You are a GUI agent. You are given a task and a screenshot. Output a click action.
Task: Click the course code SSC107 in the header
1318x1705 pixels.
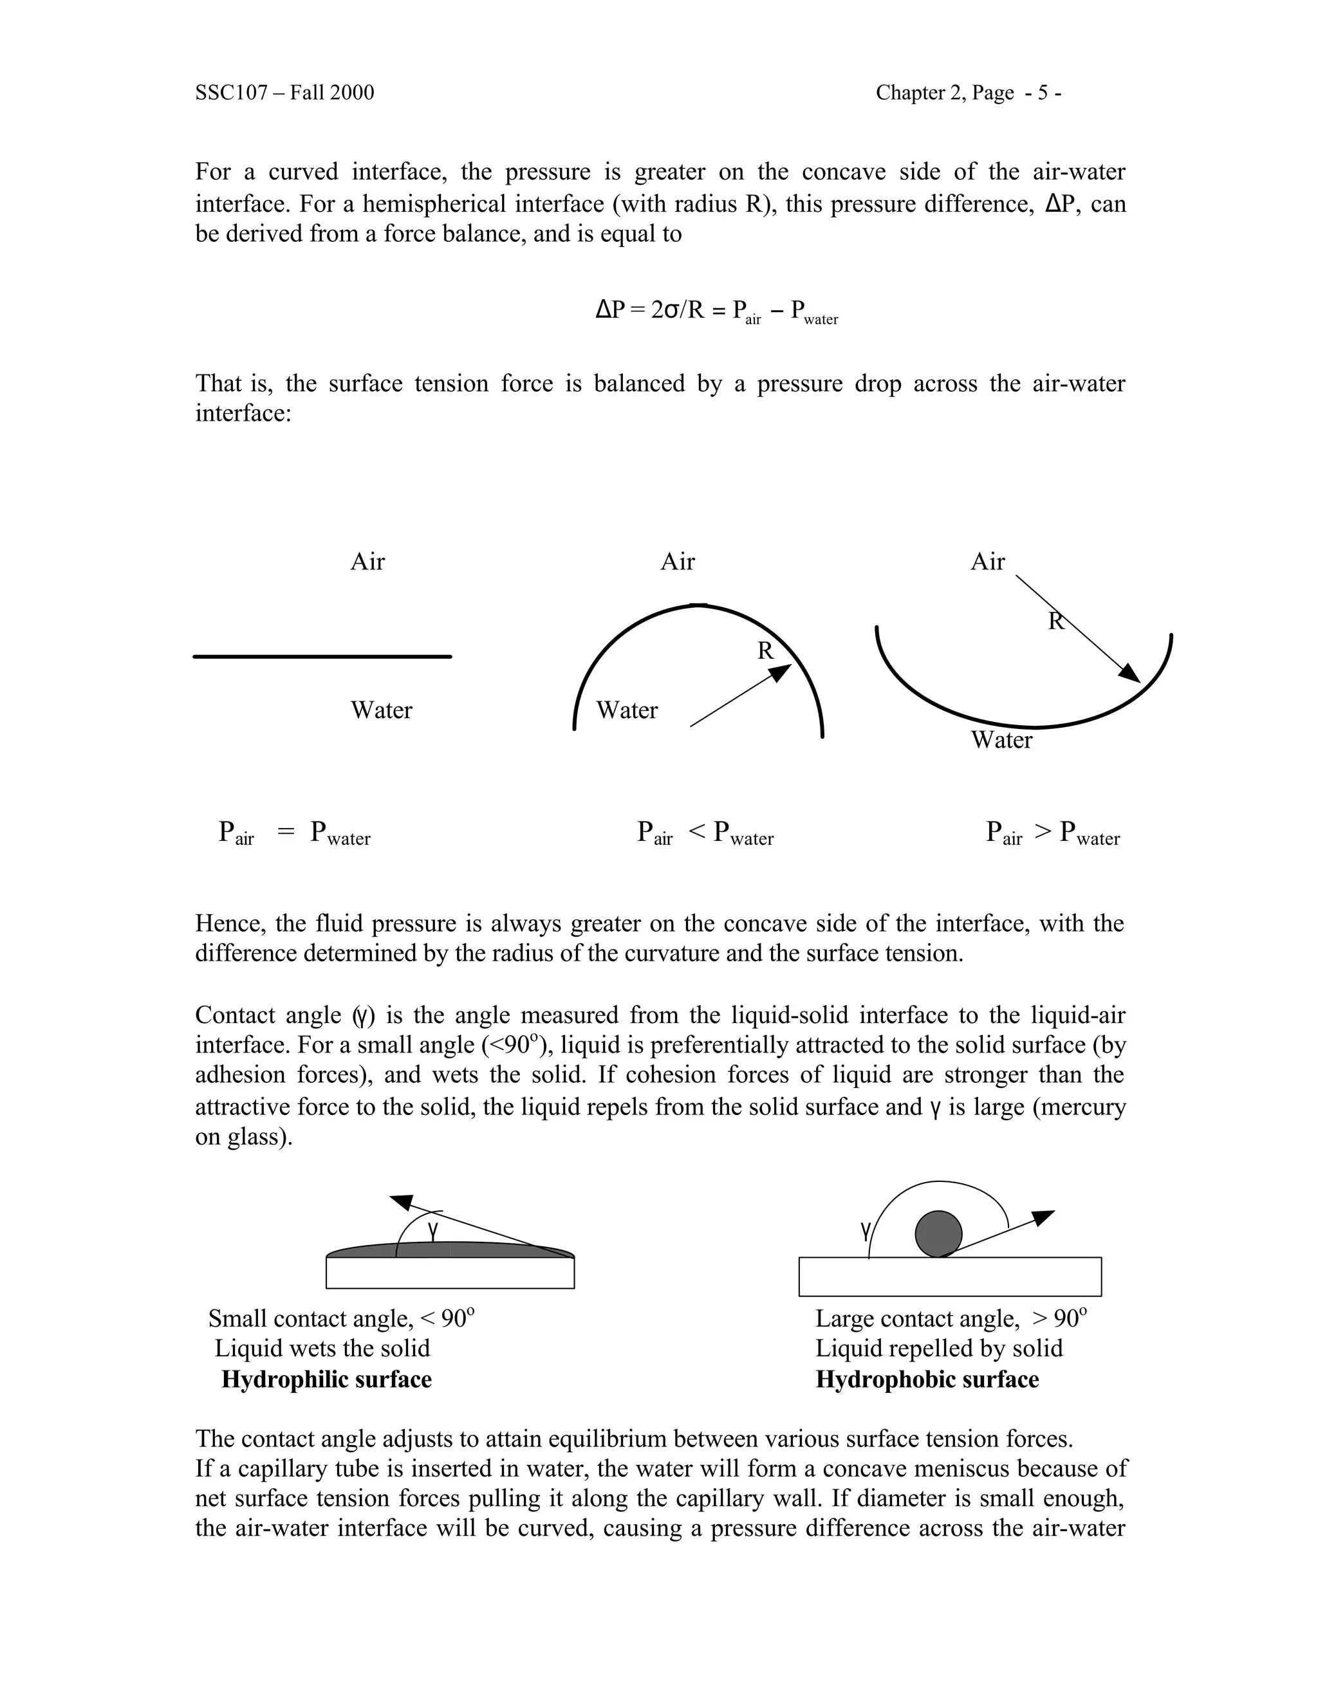pos(234,93)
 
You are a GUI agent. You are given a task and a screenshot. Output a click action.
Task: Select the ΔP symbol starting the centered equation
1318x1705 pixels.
pos(611,310)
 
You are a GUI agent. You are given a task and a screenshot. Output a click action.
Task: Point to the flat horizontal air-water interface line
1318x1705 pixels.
pos(322,656)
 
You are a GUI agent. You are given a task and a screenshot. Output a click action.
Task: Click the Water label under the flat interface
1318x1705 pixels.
pos(381,710)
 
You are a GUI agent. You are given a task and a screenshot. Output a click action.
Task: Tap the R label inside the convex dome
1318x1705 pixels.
pos(765,651)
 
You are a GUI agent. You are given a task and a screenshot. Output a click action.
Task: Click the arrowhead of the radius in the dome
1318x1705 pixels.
pos(783,671)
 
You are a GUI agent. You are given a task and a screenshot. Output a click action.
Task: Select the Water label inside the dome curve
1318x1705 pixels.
pos(626,710)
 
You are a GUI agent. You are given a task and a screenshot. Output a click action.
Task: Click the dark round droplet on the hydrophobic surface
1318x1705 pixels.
pos(938,1233)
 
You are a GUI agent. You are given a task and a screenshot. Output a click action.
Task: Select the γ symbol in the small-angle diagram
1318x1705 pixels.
pos(433,1230)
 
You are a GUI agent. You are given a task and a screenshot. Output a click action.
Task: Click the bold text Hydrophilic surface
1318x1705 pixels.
pos(326,1379)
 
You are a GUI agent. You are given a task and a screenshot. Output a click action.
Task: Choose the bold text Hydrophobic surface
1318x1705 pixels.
pos(927,1379)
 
